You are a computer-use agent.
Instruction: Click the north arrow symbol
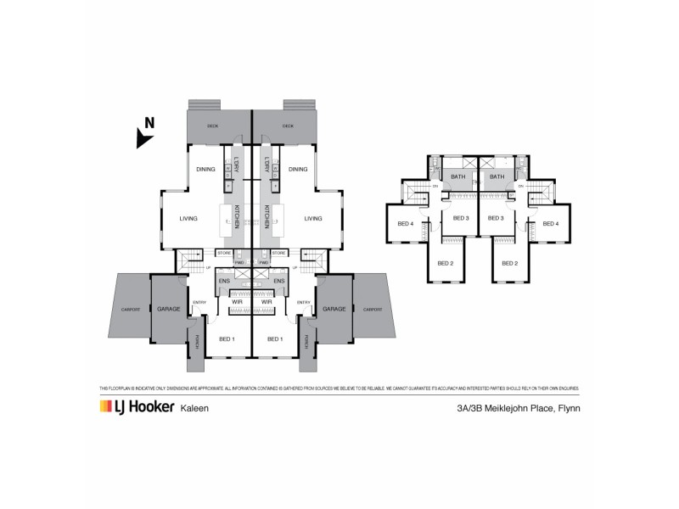(145, 132)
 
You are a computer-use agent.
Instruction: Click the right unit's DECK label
(289, 126)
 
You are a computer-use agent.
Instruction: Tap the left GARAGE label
(168, 309)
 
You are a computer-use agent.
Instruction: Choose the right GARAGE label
(334, 309)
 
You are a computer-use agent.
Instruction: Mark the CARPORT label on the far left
(130, 309)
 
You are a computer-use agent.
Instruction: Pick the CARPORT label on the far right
(373, 309)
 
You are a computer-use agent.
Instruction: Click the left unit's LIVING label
(188, 219)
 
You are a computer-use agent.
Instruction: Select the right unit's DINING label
(298, 169)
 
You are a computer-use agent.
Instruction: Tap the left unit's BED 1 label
(227, 339)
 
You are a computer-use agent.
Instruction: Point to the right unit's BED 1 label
(275, 339)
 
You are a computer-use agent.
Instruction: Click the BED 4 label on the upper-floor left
(405, 224)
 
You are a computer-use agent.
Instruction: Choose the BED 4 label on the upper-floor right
(551, 224)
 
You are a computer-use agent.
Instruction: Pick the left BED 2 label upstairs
(446, 263)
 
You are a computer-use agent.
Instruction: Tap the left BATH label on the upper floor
(458, 176)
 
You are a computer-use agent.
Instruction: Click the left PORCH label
(197, 342)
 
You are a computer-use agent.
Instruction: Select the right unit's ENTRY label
(303, 302)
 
